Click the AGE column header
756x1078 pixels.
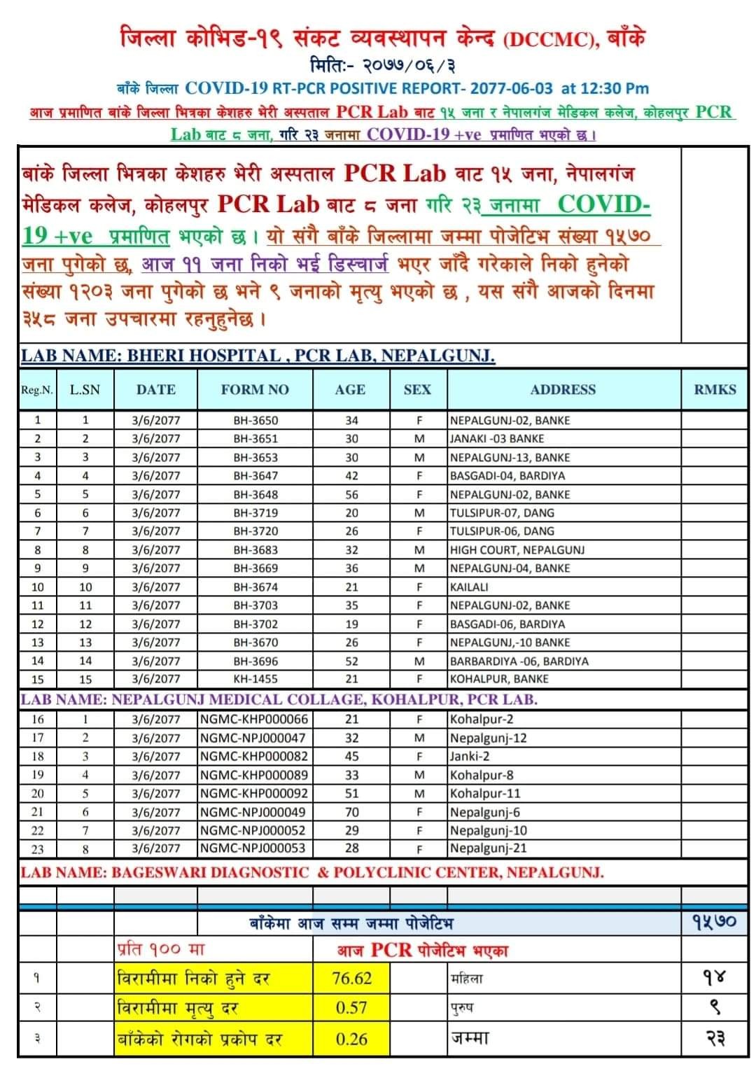point(349,390)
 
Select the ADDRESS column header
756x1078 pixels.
point(563,390)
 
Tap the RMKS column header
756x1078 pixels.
point(715,390)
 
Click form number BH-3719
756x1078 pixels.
point(255,513)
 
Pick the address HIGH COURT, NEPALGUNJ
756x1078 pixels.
point(517,550)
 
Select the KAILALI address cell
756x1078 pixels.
point(469,587)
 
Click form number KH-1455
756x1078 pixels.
point(255,679)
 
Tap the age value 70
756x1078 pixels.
point(351,812)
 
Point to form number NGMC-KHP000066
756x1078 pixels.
point(253,720)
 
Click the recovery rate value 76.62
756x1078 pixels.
point(351,979)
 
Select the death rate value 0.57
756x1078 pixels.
point(351,1008)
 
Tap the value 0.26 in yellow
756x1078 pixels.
point(351,1039)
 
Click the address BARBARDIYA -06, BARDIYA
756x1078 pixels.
point(519,661)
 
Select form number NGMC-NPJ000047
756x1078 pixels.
point(253,738)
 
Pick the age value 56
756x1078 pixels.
point(351,494)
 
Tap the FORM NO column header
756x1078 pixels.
point(255,390)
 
